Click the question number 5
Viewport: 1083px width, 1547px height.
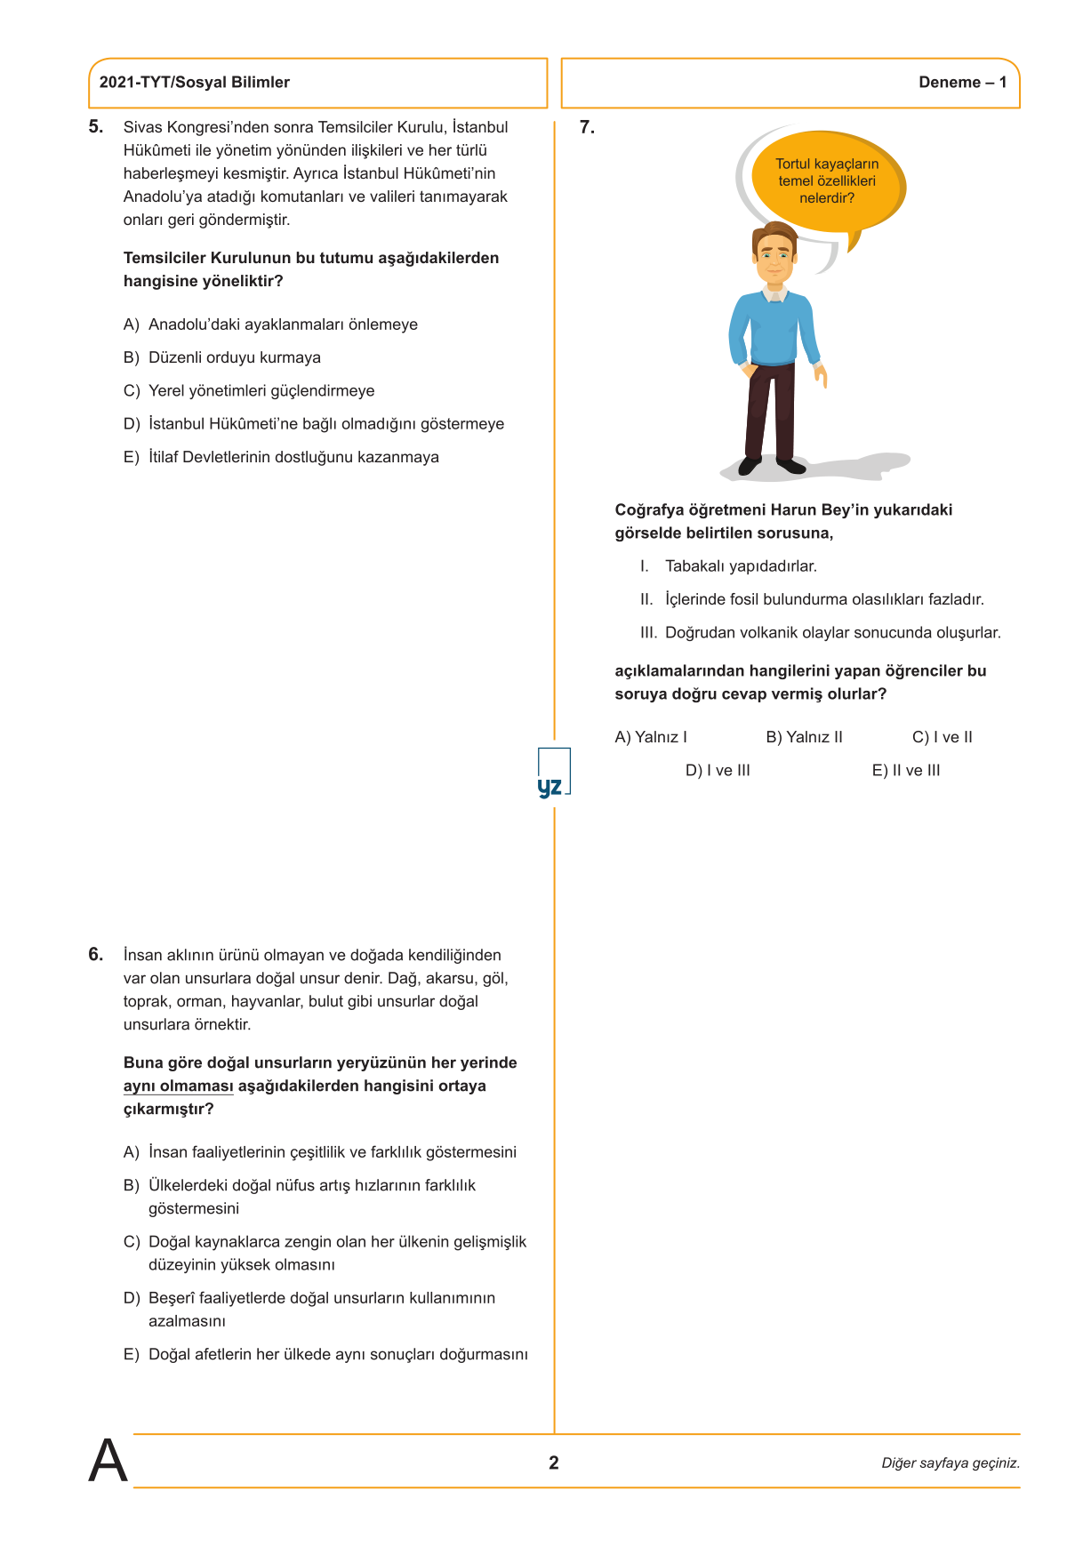95,127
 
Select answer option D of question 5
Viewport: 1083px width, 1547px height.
313,424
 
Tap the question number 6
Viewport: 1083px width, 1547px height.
95,955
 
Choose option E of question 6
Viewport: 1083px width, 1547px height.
325,1355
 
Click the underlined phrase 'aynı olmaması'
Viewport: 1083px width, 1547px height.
178,1086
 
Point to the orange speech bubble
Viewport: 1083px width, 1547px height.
827,181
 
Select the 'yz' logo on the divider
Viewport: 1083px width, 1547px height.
552,773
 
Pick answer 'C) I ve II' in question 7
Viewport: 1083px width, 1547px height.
942,738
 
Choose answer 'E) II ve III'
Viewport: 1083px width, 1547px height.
905,771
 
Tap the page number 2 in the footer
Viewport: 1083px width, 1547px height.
554,1463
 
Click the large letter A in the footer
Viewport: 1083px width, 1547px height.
108,1461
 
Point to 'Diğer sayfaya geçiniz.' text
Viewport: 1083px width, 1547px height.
950,1463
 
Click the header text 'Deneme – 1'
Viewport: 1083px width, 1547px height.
962,83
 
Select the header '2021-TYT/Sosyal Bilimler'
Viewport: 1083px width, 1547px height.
195,83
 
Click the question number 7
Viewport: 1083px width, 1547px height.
587,128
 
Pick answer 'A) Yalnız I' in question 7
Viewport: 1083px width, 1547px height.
651,738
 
